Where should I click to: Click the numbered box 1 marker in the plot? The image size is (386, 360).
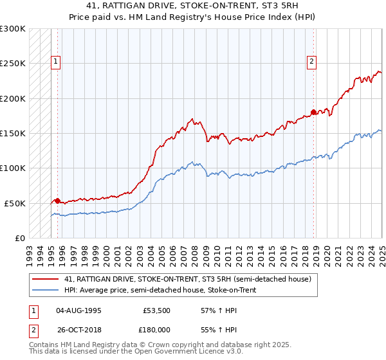coord(56,62)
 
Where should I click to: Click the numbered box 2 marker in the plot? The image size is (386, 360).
coord(311,62)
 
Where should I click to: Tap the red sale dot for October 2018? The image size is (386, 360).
coord(313,113)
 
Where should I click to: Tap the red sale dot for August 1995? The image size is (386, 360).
coord(57,201)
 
